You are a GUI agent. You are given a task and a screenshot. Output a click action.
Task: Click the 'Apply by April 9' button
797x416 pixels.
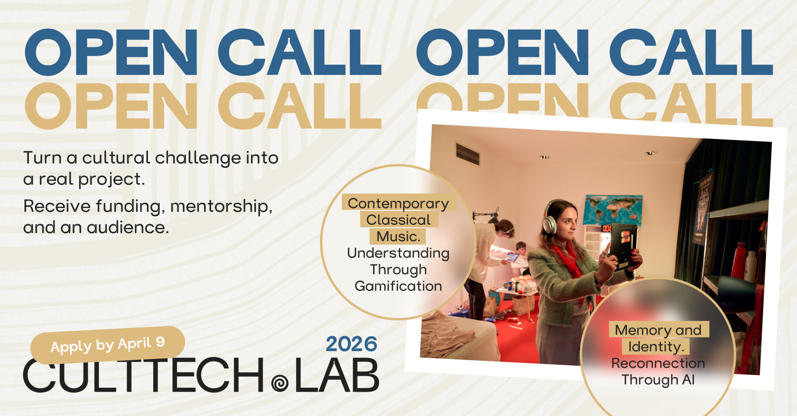click(108, 345)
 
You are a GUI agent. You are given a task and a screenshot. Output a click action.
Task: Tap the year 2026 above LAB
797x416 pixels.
click(351, 344)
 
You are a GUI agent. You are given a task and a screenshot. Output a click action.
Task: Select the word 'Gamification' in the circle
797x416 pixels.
click(398, 286)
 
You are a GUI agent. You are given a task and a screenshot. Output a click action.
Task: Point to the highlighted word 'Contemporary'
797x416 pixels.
click(398, 203)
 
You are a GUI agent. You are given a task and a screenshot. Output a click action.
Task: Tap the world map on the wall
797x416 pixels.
click(612, 210)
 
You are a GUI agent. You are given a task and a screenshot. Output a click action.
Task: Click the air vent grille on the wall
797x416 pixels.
click(468, 154)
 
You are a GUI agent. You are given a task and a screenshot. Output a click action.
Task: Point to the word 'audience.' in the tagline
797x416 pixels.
click(128, 227)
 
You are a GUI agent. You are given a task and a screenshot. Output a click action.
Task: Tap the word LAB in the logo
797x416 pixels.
click(337, 375)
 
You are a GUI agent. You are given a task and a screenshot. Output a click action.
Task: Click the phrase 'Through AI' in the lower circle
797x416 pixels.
click(658, 380)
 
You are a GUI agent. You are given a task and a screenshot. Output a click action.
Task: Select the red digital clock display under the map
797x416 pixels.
click(606, 229)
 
